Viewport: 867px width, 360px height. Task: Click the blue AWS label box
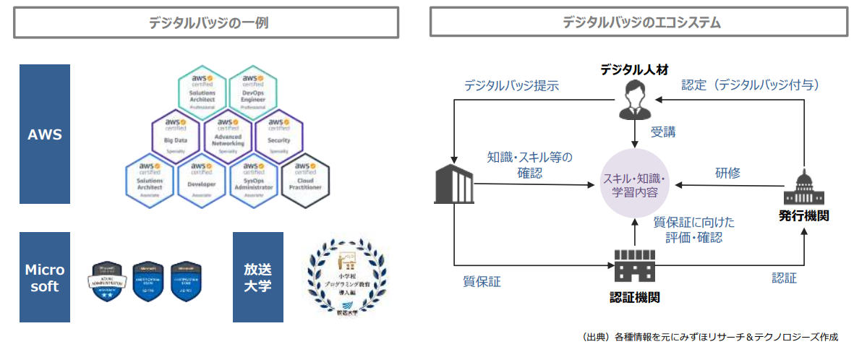coord(45,134)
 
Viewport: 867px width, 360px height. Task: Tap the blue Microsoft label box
coord(45,278)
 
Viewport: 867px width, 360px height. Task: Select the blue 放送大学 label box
coord(257,278)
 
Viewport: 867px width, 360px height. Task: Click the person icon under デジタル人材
coord(634,100)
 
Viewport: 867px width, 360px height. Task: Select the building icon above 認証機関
coord(633,267)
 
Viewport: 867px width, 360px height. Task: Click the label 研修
coord(727,173)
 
